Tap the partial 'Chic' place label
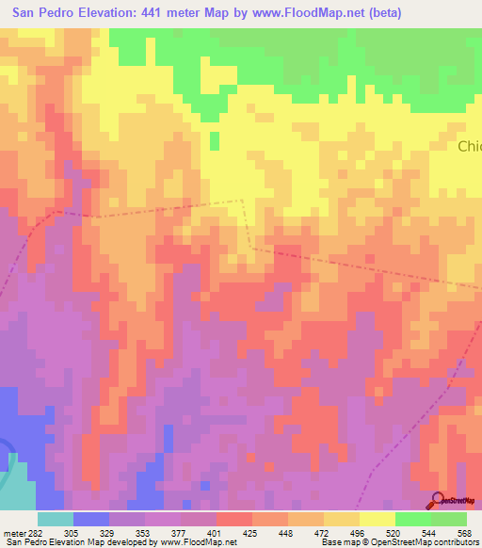click(469, 147)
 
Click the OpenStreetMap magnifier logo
click(439, 501)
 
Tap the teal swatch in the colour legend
click(56, 519)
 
